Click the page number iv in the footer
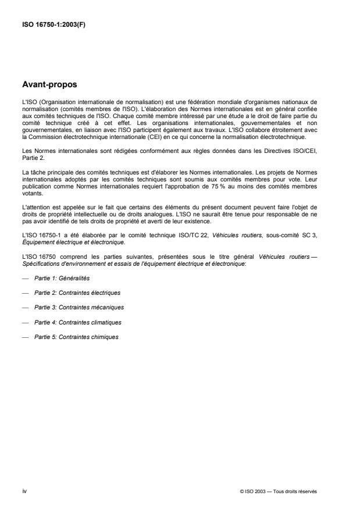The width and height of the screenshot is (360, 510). point(24,491)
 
